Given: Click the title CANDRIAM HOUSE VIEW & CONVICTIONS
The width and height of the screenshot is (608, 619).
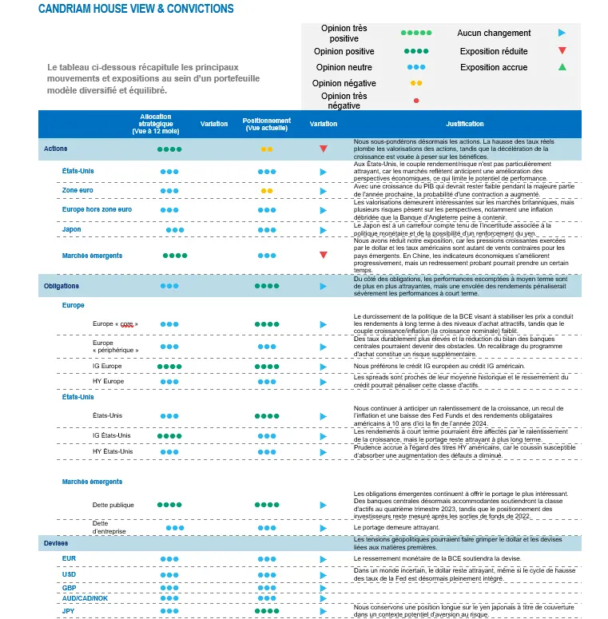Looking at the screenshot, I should coord(136,9).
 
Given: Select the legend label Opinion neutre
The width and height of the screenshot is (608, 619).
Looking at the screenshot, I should coord(344,67).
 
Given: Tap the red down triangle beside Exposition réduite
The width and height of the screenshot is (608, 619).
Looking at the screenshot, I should coord(562,51).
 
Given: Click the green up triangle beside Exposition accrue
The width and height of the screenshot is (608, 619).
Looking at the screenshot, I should coord(562,67).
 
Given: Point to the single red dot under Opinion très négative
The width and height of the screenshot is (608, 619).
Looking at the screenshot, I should coord(416,101).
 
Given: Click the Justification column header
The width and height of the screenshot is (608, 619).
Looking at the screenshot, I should coord(465,124).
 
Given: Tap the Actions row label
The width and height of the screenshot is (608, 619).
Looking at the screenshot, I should coord(56,149).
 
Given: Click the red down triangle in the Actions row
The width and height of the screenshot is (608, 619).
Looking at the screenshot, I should coord(324,149).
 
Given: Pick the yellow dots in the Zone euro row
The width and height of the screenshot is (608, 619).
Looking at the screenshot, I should coord(267,191).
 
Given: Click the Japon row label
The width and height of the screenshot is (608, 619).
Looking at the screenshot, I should coord(71,229).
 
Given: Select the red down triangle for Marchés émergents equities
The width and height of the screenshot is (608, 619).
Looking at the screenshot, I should coord(324,256).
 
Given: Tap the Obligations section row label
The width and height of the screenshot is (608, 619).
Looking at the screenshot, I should coord(62,285).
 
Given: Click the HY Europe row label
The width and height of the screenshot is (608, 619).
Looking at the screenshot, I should coord(108,382).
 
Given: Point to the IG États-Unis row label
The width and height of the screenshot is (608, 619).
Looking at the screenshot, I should coord(112,435).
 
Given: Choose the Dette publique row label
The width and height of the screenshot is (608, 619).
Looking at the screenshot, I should coord(113,505).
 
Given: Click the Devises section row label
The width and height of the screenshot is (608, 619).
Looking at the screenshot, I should coord(56,543).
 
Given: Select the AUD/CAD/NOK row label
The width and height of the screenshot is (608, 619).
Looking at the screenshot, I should coord(85,597).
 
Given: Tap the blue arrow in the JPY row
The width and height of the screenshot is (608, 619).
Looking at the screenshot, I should coord(324,611).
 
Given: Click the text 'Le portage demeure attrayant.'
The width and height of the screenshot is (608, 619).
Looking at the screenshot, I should coord(396,528).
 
